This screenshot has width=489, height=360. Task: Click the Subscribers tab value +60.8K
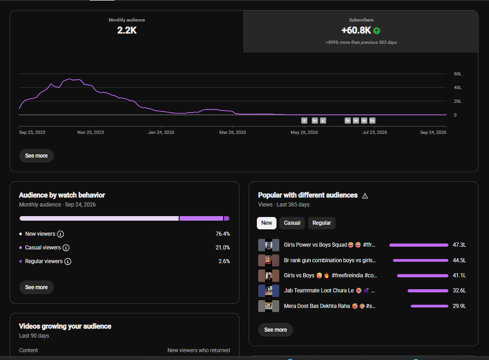click(356, 31)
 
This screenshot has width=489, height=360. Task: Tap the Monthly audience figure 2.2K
click(127, 31)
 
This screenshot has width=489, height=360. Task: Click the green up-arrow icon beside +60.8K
click(377, 31)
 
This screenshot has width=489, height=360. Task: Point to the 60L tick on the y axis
click(457, 74)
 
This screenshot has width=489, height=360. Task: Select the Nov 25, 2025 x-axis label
click(91, 132)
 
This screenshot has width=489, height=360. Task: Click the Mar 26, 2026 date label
click(233, 132)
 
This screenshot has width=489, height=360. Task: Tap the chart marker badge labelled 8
click(304, 121)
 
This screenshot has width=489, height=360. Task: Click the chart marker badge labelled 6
click(323, 121)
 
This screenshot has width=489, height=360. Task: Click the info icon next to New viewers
click(60, 234)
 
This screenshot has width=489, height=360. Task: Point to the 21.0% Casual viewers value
click(223, 248)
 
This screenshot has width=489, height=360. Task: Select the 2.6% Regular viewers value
click(224, 261)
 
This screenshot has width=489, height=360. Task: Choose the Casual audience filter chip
click(292, 223)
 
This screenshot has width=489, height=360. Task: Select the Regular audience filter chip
click(322, 223)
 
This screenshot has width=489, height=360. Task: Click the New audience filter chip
click(266, 223)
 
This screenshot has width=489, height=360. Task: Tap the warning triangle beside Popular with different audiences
click(365, 196)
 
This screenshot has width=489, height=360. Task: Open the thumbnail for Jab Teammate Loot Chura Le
click(269, 291)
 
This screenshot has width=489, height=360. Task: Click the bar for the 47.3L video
click(419, 245)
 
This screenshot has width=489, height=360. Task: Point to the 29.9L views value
click(459, 306)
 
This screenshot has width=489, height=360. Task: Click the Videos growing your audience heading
click(65, 326)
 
